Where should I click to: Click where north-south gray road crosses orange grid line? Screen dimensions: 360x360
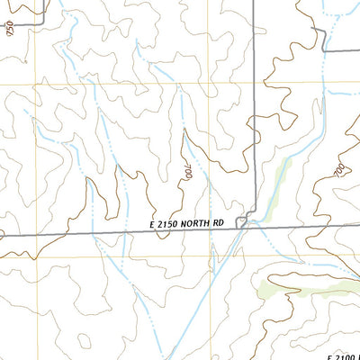coord(254,84)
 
